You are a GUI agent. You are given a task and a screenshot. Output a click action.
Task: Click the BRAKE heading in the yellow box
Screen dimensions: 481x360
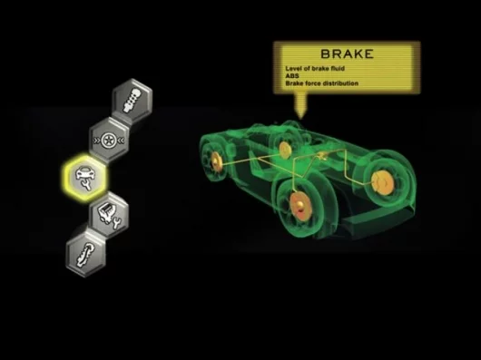click(x=348, y=54)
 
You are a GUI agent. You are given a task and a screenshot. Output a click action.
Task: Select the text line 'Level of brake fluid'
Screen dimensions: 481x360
click(x=315, y=68)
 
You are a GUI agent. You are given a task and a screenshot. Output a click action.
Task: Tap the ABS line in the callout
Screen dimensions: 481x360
click(x=292, y=75)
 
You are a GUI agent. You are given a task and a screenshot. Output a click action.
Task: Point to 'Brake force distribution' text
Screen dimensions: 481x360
click(x=322, y=83)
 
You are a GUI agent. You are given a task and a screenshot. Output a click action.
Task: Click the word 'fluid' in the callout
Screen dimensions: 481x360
click(x=337, y=68)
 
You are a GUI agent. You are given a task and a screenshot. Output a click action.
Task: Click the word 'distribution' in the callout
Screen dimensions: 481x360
click(x=340, y=83)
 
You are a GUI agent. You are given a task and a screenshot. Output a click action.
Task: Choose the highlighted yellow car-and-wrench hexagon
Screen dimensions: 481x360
click(x=85, y=178)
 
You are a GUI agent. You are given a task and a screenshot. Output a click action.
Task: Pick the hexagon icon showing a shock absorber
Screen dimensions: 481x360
click(x=132, y=100)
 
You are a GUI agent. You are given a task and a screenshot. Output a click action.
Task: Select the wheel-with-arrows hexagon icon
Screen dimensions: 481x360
click(x=109, y=140)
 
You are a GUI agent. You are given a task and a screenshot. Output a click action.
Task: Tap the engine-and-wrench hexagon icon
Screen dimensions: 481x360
click(x=109, y=216)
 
